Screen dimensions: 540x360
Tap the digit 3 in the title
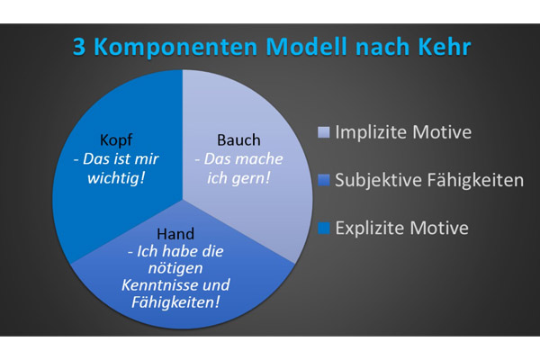(79, 47)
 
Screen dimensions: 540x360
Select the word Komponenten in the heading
(175, 47)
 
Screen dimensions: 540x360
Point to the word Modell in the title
(307, 46)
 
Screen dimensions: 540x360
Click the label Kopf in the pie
(116, 139)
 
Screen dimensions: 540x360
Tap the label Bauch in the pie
(238, 139)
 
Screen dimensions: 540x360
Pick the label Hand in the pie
(175, 234)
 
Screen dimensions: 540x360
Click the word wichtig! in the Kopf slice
(116, 178)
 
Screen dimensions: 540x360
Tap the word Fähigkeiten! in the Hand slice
(175, 302)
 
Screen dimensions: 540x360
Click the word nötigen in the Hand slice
(175, 268)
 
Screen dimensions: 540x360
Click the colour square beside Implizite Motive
(324, 132)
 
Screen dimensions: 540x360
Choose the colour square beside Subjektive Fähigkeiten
(324, 180)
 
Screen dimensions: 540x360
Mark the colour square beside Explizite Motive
(324, 228)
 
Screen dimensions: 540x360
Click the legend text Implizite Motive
(403, 132)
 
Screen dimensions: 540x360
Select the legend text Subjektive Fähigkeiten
(429, 180)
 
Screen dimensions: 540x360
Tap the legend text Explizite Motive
(402, 228)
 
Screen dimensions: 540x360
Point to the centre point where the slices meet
(183, 199)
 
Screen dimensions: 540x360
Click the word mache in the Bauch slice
(261, 158)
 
